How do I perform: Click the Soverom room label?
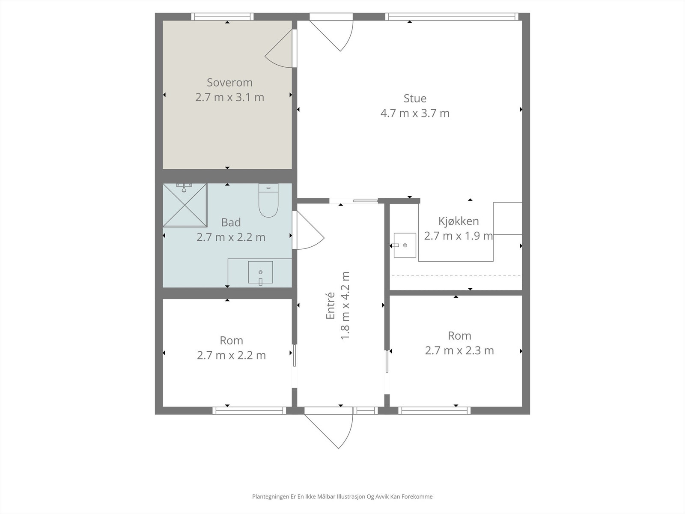[229, 83]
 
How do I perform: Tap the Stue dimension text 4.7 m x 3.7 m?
[415, 113]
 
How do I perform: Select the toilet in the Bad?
[268, 200]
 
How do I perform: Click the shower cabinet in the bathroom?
[185, 205]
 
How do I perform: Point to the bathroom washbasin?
[260, 272]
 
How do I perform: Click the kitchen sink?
[405, 245]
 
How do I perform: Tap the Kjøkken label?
[459, 221]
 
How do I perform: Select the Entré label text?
[331, 305]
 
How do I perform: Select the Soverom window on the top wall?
[222, 17]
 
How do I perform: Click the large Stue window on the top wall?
[452, 17]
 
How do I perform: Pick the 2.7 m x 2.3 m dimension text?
[459, 351]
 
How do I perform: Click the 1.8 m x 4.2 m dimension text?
[345, 305]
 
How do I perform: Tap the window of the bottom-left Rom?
[249, 410]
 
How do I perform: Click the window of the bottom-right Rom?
[435, 410]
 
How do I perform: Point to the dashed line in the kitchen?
[456, 276]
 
